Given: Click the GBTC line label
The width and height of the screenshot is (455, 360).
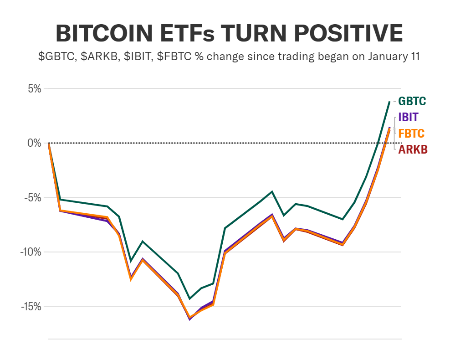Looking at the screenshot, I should (412, 101).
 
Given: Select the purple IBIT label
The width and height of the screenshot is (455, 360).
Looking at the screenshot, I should (408, 117).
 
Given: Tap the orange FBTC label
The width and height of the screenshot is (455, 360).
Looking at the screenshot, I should (411, 134).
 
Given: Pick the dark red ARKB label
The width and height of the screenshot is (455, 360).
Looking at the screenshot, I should (413, 149).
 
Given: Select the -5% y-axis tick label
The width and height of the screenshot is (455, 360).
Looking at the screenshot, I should (31, 198).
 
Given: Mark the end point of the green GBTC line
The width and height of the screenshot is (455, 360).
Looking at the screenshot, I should (389, 101).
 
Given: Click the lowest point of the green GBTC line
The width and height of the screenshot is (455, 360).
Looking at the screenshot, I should (189, 298).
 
